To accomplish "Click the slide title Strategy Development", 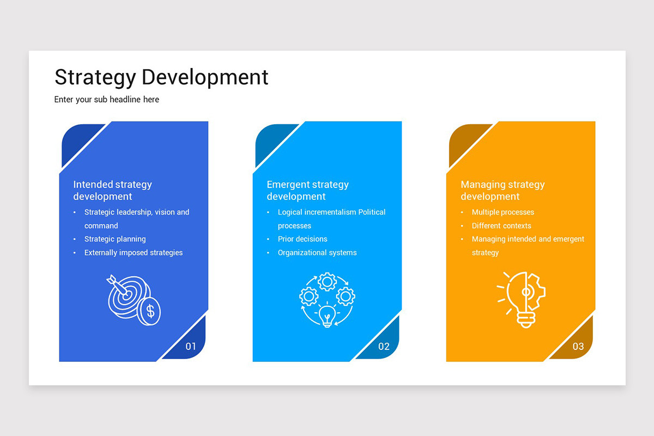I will pos(161,77).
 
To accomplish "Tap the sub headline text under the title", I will pos(107,100).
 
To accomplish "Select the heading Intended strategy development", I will pos(112,190).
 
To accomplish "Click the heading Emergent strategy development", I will pos(307,190).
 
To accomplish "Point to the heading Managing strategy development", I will pos(502,190).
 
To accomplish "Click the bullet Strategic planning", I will pos(115,239).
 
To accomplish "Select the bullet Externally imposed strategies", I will pos(134,253).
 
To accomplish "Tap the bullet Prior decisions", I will pos(302,239).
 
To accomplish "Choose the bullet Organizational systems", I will pos(317,253).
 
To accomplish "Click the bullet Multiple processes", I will pos(502,213).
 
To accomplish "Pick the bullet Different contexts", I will pos(501,226).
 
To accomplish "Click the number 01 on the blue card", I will pos(191,347).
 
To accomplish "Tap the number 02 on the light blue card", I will pos(384,347).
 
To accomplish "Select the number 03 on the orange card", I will pos(578,347).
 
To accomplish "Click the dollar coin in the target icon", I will pos(149,311).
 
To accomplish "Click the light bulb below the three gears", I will pos(327,315).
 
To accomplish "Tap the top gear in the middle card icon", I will pos(327,282).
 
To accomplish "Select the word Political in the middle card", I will pos(372,213).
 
